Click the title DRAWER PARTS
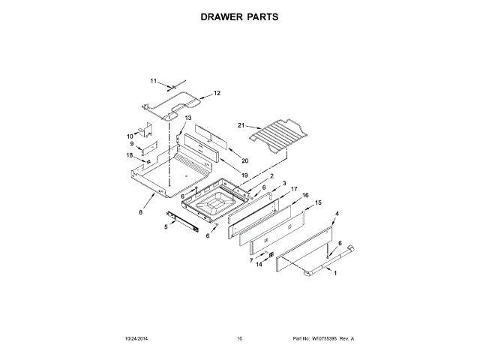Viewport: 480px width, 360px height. click(240, 15)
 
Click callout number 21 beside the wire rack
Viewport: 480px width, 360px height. click(241, 125)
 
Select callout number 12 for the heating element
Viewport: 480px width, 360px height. click(217, 94)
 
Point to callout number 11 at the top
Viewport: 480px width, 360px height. click(153, 81)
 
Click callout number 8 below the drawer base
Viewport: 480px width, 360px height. click(140, 212)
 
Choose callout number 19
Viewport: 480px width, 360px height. click(244, 175)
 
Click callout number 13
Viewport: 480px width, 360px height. click(188, 118)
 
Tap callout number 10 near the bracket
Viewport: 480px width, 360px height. click(129, 136)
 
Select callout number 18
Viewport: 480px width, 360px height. click(130, 155)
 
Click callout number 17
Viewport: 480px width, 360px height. click(295, 189)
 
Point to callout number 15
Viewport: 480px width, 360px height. click(317, 203)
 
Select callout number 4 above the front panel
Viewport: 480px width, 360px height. click(337, 214)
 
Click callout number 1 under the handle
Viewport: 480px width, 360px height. click(334, 273)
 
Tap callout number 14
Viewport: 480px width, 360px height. click(259, 265)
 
